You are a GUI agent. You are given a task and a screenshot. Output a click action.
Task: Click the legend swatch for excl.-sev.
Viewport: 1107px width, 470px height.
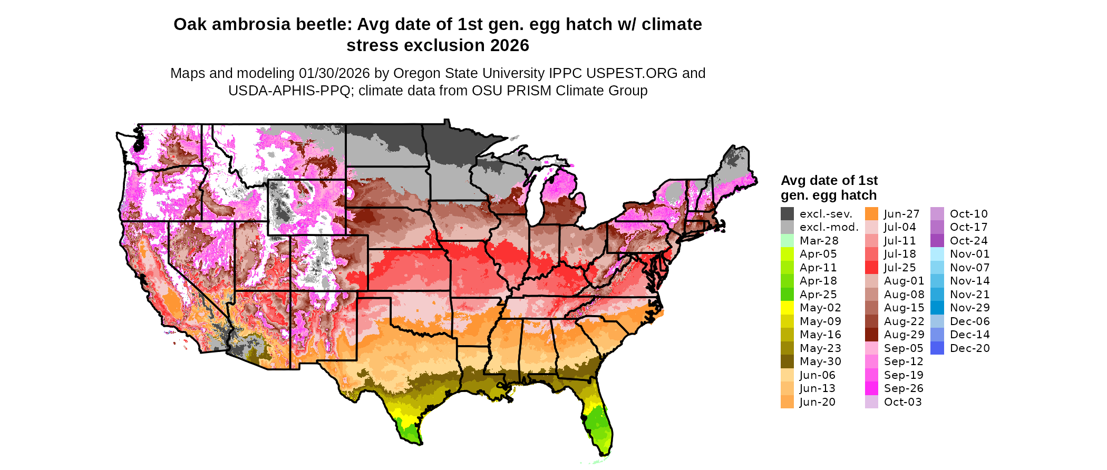click(787, 214)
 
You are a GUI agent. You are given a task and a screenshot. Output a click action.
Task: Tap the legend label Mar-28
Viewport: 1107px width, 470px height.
click(819, 241)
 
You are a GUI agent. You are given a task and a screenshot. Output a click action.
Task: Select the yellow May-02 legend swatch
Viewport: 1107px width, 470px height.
click(787, 308)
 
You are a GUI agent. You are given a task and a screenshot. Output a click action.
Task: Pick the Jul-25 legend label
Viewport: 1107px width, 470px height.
click(900, 268)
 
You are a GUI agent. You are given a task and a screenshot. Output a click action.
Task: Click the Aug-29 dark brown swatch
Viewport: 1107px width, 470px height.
click(871, 335)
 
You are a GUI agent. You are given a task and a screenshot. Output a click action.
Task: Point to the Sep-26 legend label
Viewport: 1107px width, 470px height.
click(904, 388)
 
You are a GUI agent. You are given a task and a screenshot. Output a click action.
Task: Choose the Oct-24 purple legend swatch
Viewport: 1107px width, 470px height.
click(937, 241)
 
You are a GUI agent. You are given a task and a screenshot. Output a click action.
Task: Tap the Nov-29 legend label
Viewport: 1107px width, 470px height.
click(969, 308)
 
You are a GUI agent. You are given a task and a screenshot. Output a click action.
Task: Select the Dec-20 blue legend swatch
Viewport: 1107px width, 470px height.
click(937, 348)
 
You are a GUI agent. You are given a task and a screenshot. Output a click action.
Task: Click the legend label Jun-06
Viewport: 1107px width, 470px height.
click(817, 375)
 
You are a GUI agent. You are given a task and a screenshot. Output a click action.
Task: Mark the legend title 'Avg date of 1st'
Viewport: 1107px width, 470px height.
click(829, 181)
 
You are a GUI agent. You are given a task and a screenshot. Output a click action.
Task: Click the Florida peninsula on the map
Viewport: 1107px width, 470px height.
click(599, 422)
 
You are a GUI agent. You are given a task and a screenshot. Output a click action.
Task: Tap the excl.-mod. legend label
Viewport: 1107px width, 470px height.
click(829, 228)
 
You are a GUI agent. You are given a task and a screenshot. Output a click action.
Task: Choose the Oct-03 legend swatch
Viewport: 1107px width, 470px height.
click(871, 402)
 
